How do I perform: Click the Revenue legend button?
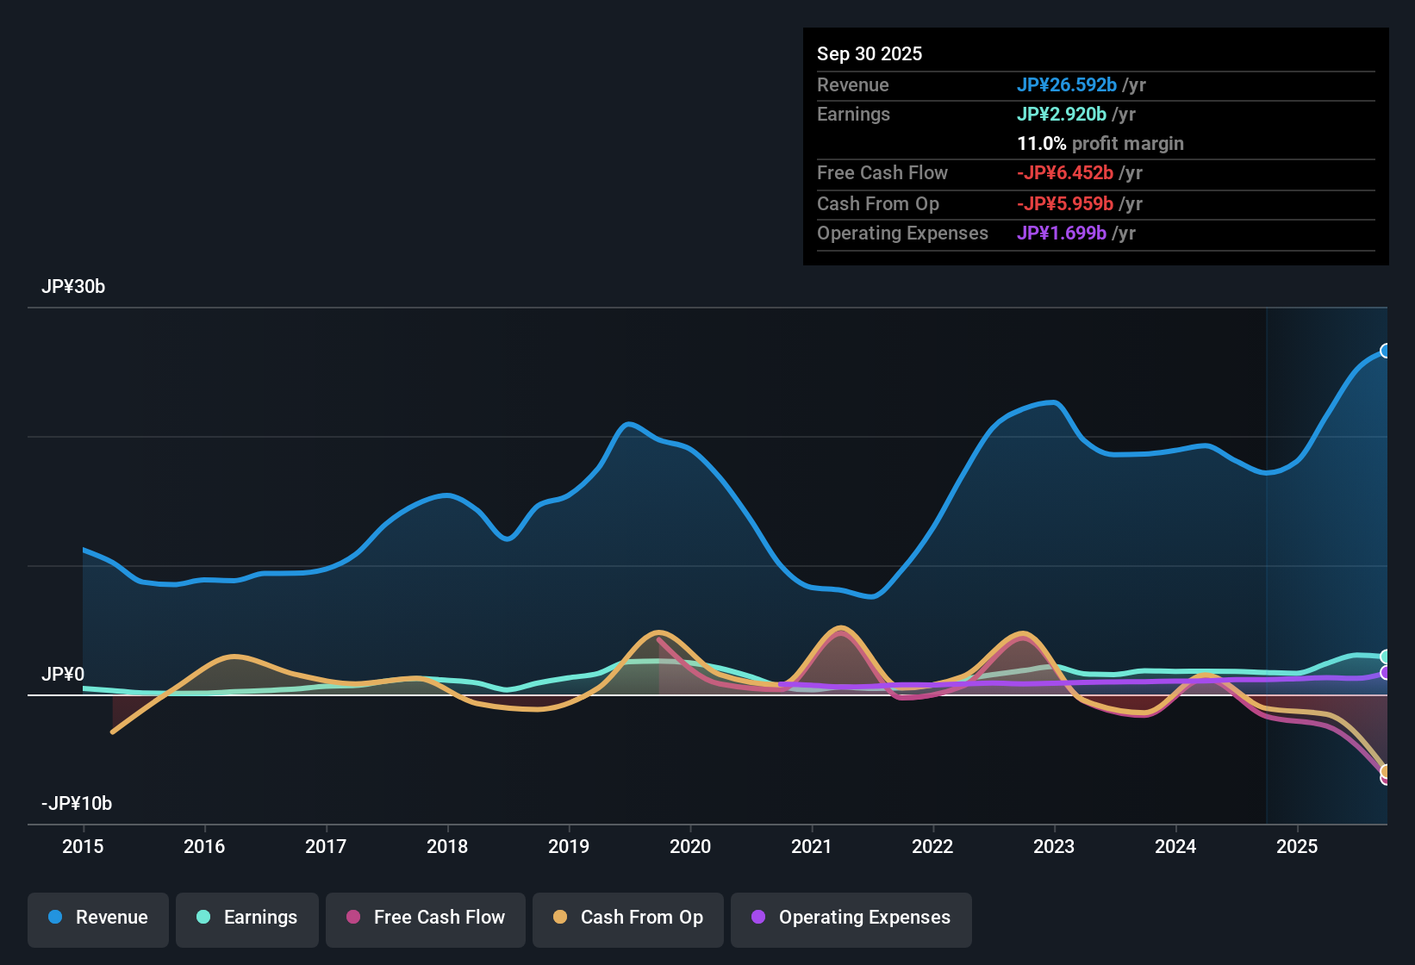[98, 918]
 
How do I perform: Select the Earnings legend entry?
[247, 918]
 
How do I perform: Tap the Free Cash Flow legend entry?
[426, 918]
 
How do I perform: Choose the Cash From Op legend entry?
[628, 918]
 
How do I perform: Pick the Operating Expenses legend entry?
[851, 918]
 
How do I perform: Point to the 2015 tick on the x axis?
[83, 846]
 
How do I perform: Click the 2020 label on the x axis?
[690, 846]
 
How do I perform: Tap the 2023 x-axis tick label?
[1054, 846]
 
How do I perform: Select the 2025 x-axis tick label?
[1297, 846]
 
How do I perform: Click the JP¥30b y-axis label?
[73, 287]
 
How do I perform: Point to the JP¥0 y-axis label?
[63, 674]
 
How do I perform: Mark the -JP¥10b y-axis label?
[77, 804]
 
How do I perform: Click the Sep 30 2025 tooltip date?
[870, 53]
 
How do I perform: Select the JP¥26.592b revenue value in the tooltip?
[1067, 84]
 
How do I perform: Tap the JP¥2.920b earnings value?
[1062, 114]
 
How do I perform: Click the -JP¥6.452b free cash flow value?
[1065, 172]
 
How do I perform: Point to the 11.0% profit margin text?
[1100, 143]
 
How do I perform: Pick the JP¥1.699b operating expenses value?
[1062, 233]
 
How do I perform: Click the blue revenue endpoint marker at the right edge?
[1386, 351]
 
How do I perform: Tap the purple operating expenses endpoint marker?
[1386, 673]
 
